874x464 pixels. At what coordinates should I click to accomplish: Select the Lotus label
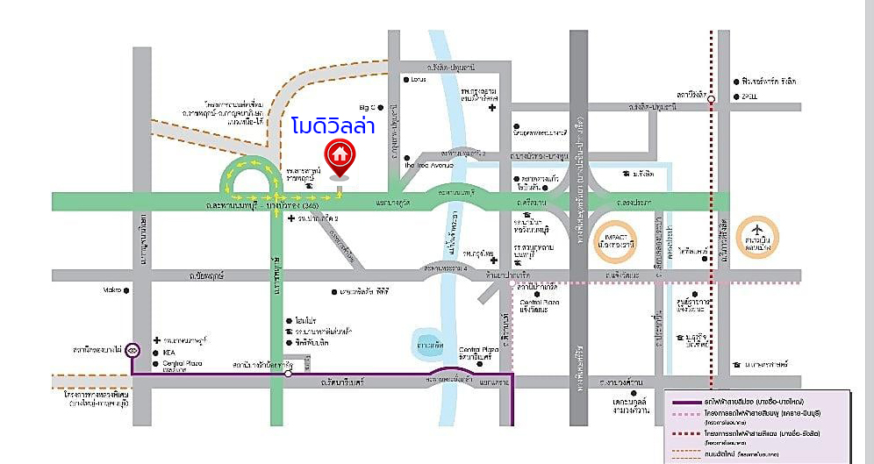tap(418, 80)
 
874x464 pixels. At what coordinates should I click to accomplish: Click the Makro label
tap(111, 290)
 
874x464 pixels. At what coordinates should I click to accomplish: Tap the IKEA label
tap(170, 351)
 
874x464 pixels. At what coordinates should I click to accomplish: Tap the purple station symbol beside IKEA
tap(133, 350)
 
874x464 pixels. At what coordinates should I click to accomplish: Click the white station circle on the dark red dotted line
tap(711, 99)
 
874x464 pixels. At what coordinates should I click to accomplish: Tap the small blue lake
tap(426, 344)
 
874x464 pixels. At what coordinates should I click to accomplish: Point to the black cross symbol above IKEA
tap(157, 339)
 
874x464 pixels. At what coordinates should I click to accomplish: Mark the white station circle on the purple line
tap(288, 374)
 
